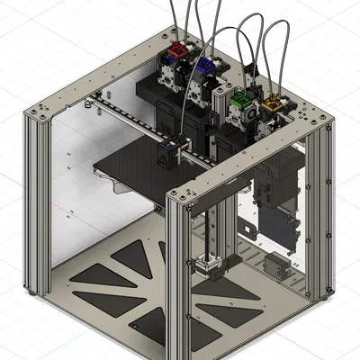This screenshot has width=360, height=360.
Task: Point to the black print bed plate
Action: (x=135, y=171)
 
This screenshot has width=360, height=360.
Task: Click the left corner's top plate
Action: (x=45, y=111)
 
